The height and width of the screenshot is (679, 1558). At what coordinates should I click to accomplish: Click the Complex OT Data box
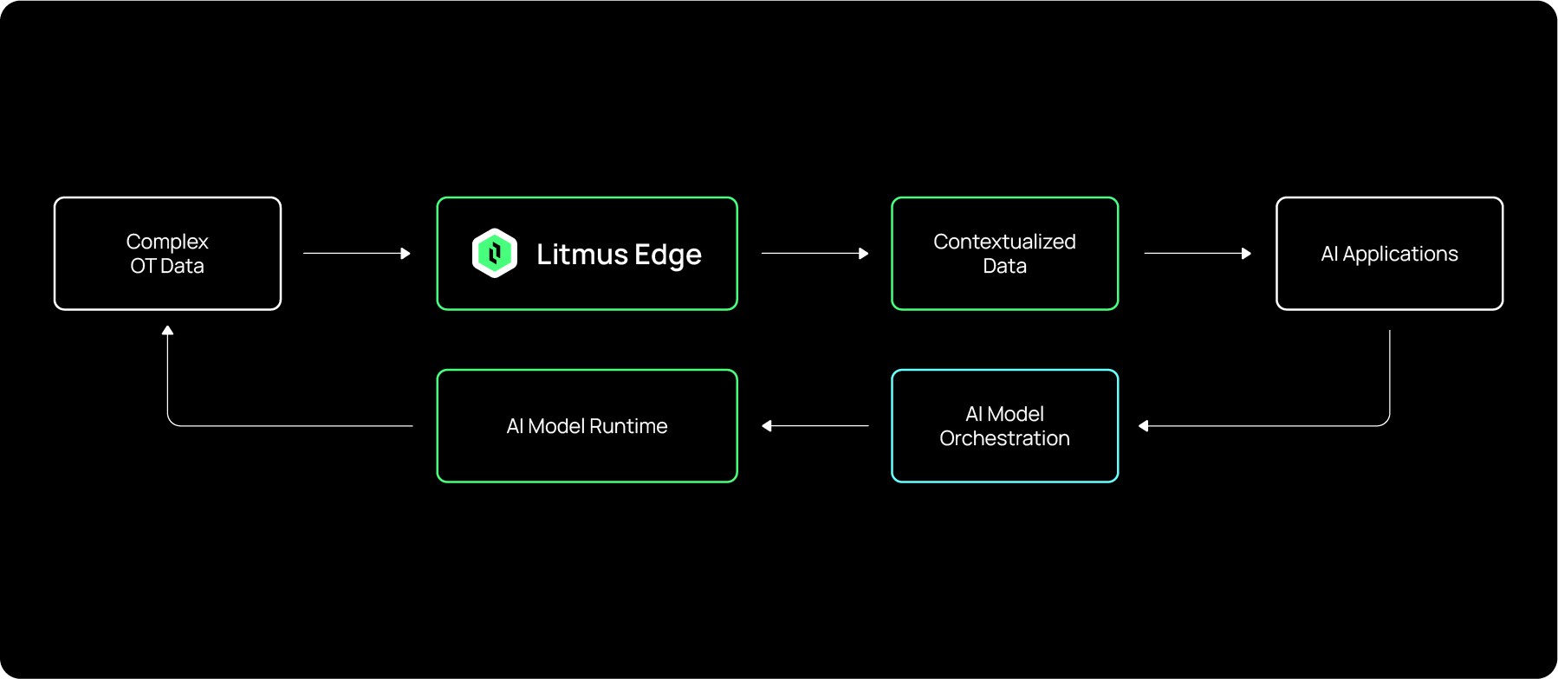pos(167,254)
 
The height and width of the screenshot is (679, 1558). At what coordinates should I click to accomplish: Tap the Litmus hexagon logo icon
pos(495,254)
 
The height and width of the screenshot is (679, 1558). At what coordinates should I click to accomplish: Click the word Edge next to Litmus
pos(667,255)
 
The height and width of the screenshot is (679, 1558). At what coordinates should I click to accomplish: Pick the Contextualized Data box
pos(1004,254)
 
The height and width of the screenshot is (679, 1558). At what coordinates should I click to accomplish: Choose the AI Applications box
pos(1389,254)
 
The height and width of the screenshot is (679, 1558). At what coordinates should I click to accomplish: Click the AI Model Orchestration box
pos(1004,426)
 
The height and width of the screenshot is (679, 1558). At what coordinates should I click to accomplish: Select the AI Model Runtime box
pos(587,426)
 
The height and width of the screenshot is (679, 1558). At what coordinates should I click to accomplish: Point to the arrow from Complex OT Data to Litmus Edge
pos(355,254)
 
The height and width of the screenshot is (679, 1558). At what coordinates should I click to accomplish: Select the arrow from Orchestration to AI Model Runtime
pos(815,426)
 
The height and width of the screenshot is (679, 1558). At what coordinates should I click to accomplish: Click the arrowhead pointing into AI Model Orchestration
pos(1144,426)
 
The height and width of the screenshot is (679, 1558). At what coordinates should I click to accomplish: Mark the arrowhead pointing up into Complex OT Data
pos(167,330)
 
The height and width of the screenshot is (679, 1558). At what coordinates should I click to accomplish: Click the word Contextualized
pos(1004,242)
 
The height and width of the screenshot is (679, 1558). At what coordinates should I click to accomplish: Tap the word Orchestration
pos(1004,438)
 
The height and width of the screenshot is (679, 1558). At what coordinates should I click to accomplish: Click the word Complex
pos(167,242)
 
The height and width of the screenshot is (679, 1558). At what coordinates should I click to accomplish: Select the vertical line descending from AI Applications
pos(1389,372)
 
